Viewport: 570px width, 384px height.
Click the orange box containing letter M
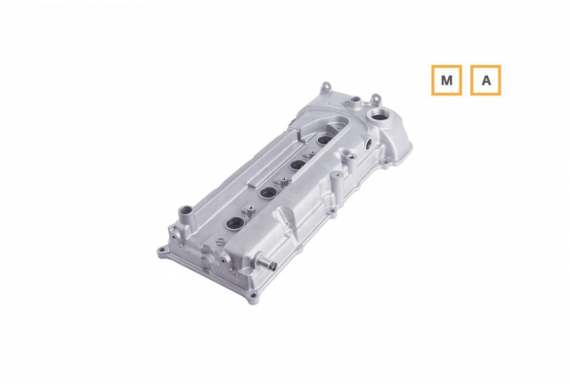(446, 80)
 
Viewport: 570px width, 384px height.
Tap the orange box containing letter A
(485, 80)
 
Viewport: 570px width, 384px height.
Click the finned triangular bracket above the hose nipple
(290, 227)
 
